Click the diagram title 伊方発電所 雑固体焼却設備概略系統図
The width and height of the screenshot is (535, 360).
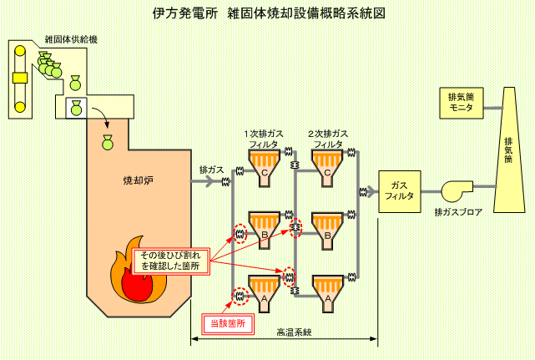[x=269, y=13]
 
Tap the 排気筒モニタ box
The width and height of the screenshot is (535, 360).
[x=462, y=103]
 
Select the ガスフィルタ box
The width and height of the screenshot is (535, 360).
[x=400, y=191]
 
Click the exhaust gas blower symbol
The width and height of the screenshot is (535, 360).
[x=457, y=191]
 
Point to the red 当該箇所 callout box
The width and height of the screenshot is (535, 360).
[x=228, y=324]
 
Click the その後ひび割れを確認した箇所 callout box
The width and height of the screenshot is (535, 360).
[x=170, y=261]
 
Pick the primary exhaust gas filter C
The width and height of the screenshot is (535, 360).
[x=264, y=168]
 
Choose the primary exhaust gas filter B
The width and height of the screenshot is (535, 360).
[x=264, y=230]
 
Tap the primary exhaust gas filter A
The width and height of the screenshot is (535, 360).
[x=264, y=294]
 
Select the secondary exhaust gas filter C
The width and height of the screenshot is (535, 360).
[x=327, y=168]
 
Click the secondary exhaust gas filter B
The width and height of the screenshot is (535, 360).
[x=327, y=230]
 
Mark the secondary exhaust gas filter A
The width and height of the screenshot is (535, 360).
[x=327, y=294]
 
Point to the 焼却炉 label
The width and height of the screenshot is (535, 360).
[x=139, y=180]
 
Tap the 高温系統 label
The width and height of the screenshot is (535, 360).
[x=294, y=332]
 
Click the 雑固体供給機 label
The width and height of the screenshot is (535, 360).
[x=71, y=39]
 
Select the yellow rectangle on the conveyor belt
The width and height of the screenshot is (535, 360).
[x=20, y=78]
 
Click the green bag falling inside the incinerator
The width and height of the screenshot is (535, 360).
[x=108, y=143]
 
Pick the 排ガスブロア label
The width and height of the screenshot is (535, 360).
[x=458, y=212]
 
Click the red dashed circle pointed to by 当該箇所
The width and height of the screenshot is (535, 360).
[x=240, y=297]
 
